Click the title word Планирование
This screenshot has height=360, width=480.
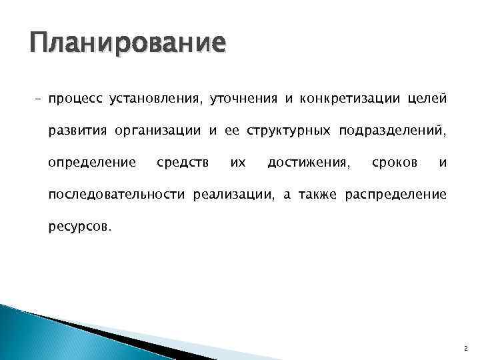pyautogui.click(x=127, y=44)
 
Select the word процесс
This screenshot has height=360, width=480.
pyautogui.click(x=75, y=100)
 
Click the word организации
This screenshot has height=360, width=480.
pyautogui.click(x=161, y=131)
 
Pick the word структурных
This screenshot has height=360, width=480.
pyautogui.click(x=287, y=131)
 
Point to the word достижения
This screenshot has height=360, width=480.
pyautogui.click(x=306, y=163)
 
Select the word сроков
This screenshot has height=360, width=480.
pyautogui.click(x=395, y=163)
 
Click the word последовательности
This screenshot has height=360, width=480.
pyautogui.click(x=118, y=194)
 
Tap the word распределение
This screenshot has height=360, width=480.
pyautogui.click(x=395, y=194)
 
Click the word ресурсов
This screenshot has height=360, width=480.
pyautogui.click(x=80, y=226)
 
